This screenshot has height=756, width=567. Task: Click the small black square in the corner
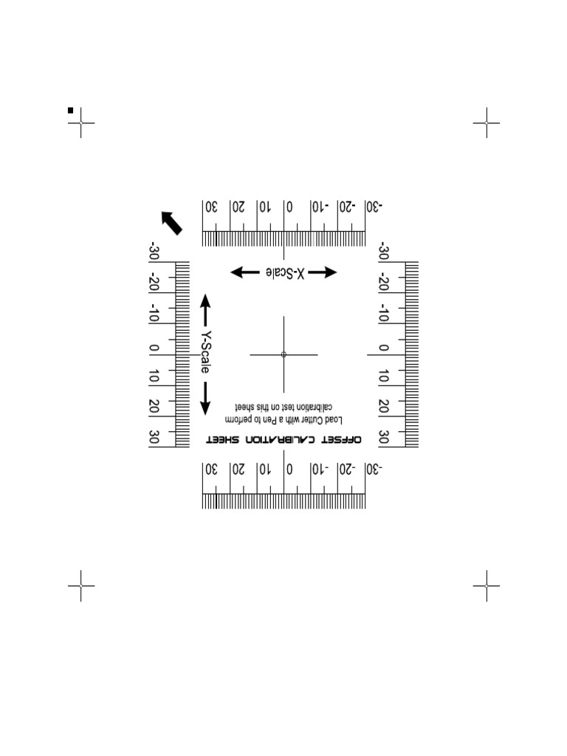click(71, 110)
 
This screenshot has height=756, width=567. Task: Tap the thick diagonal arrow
click(172, 221)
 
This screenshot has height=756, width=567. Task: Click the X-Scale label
click(284, 272)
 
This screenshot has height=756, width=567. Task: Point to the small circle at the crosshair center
click(283, 354)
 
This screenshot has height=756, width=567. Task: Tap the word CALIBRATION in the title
click(281, 440)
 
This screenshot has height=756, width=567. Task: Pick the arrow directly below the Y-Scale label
click(206, 398)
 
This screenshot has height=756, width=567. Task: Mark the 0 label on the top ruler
click(290, 207)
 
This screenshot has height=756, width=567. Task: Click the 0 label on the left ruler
click(154, 348)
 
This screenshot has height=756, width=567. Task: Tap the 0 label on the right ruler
click(384, 348)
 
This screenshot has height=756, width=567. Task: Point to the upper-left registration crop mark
click(81, 123)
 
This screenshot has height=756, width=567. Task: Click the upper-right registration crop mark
click(487, 123)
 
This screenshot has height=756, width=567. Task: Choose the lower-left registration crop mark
click(81, 585)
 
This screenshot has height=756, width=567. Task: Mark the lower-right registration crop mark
click(487, 585)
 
